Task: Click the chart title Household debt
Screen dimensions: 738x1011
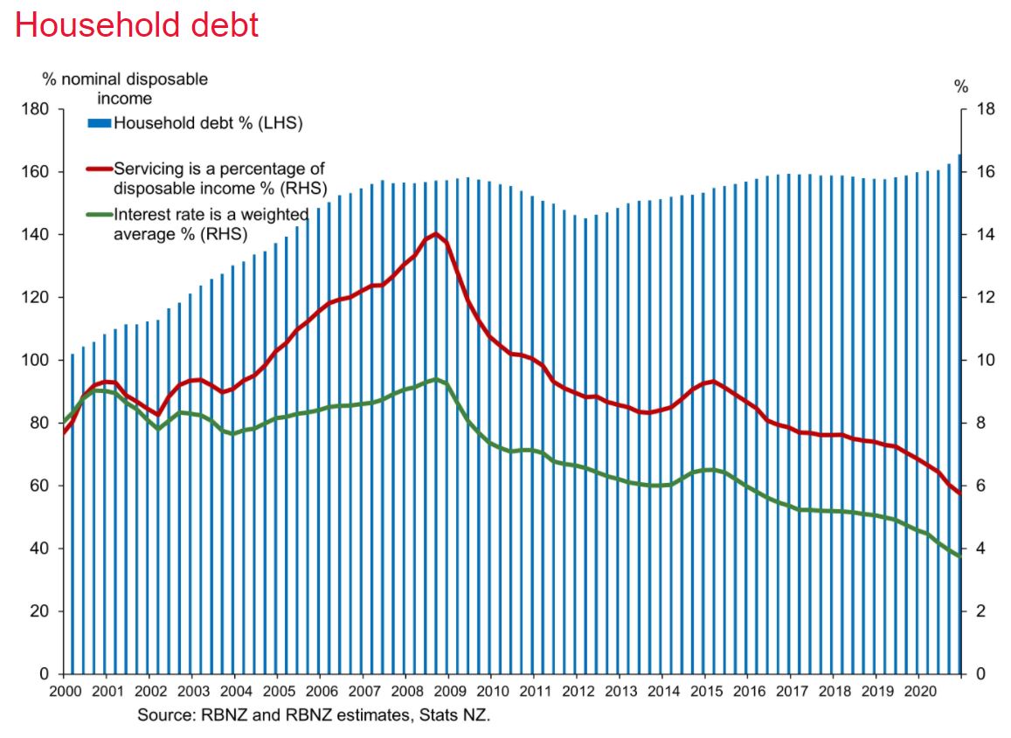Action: [x=137, y=24]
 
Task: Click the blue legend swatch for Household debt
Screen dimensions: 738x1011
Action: [x=99, y=124]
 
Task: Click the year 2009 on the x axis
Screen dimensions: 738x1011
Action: [x=448, y=688]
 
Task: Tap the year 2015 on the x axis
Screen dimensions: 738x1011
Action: [x=705, y=688]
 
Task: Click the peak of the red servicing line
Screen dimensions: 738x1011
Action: [x=435, y=234]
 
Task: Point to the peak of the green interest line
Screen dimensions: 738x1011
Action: [x=435, y=379]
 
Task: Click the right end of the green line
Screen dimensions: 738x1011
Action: [x=960, y=556]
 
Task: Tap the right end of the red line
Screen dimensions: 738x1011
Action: [x=960, y=494]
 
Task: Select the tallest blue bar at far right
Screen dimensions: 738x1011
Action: [x=959, y=410]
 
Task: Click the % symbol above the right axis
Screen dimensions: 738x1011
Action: [x=961, y=86]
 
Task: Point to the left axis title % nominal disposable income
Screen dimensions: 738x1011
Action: [x=126, y=88]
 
